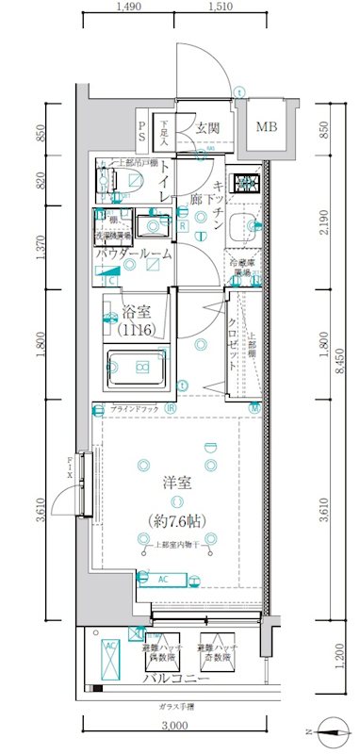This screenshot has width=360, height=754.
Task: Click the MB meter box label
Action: [x=268, y=127]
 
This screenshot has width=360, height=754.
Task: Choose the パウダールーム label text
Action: [x=134, y=254]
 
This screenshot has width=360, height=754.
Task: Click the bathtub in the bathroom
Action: [x=140, y=367]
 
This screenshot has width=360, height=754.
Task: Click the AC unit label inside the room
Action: [x=162, y=579]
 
